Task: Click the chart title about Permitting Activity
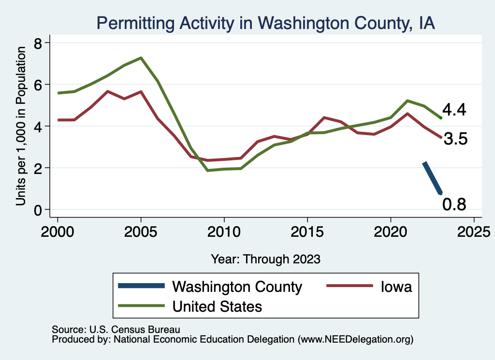coord(265,23)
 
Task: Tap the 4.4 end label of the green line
coord(454,110)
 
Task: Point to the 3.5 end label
coord(455,140)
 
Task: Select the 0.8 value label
coord(454,204)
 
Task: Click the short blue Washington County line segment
coord(432,178)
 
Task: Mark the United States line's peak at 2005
coord(141,58)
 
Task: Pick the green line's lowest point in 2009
coord(207,171)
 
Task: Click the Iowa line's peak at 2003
coord(107,91)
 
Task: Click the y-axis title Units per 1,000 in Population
coord(21,126)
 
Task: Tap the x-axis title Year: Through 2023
coord(265,259)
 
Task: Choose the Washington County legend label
coord(237,287)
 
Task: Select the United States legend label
coord(218,306)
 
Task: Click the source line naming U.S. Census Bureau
coord(116,330)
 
